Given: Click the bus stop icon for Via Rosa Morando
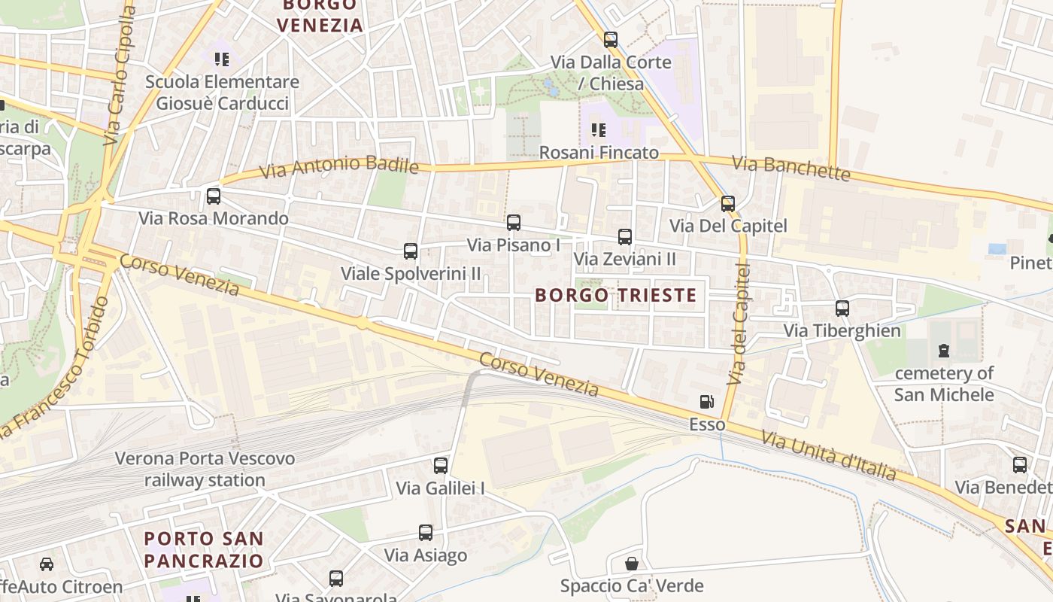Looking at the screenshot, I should coord(214,196).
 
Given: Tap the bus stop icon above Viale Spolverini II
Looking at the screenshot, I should coord(411,251).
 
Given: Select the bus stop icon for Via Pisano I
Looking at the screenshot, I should coord(514,223).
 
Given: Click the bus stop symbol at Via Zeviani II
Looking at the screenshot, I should coord(625,237).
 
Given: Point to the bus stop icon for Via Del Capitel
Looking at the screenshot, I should coord(728,204).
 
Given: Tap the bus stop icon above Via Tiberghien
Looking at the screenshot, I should coord(842,309).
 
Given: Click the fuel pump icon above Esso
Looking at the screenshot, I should coord(706,403).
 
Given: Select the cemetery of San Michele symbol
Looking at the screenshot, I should coord(944,351).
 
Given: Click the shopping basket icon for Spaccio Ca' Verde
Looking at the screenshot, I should coord(632,564).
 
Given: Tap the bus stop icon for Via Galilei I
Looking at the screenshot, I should coord(441,466).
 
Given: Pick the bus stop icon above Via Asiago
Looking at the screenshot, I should coord(426,533).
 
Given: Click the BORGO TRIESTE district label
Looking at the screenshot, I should coord(616,295).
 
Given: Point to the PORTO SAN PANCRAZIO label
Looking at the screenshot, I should coord(204,549).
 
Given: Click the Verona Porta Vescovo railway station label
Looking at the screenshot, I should coord(205,469).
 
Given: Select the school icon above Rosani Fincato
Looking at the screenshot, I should coord(599,130).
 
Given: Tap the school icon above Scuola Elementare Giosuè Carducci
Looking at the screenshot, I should coord(222,59).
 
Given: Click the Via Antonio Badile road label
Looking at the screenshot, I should coord(338,167).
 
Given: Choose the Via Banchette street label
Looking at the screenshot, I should coord(791,168).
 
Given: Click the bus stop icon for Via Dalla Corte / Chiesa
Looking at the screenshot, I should coord(611,40).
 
